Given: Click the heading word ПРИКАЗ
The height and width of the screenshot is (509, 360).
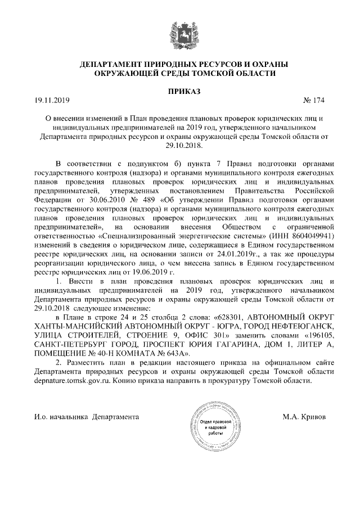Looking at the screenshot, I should coord(180,91).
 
